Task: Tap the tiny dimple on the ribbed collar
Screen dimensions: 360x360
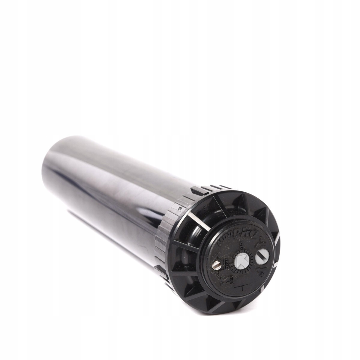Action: [179, 207]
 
